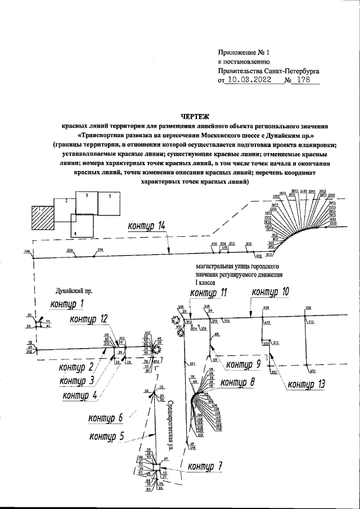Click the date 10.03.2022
(248, 80)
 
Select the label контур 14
(146, 227)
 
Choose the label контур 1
(67, 305)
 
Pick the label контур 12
(88, 319)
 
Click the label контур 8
(237, 382)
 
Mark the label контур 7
(205, 467)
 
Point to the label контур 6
(105, 418)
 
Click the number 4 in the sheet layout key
(75, 232)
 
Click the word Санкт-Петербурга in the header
(292, 71)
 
